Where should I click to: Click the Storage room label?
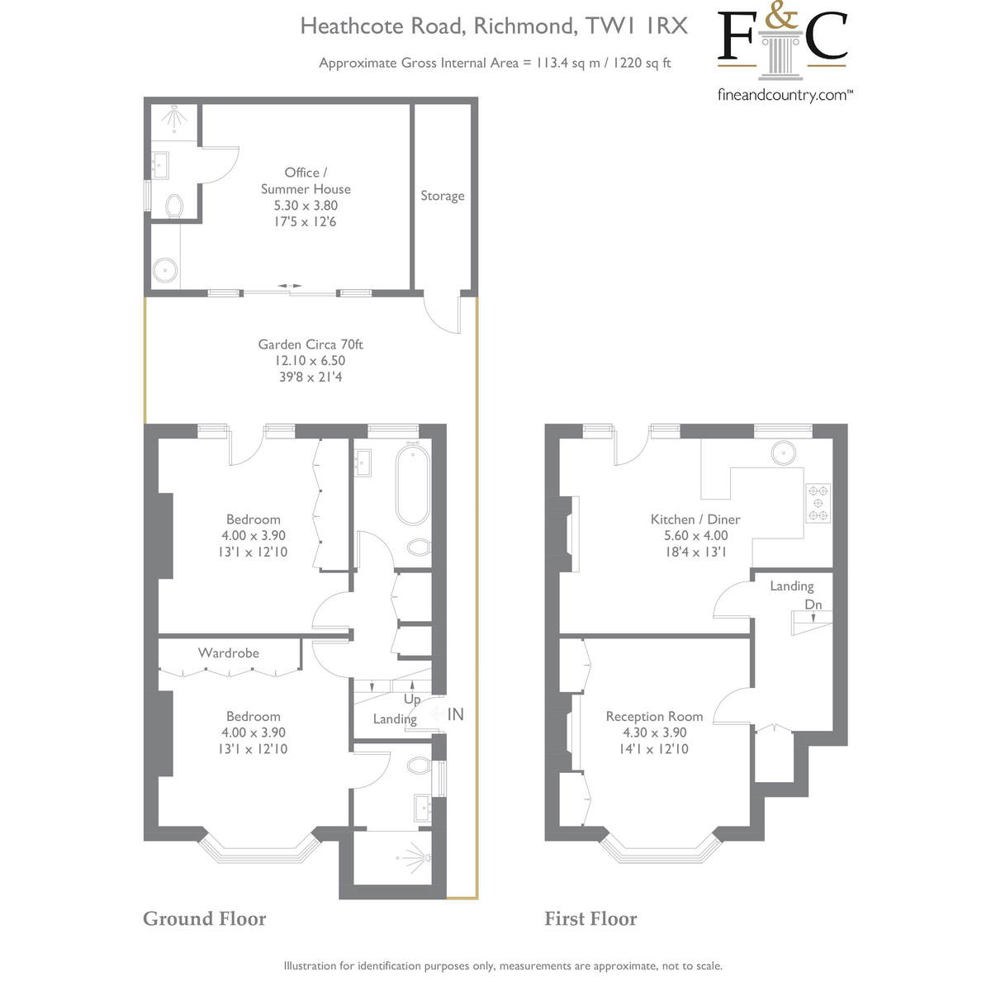pos(443,196)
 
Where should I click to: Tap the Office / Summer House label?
pos(306,181)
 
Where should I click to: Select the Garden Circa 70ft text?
pos(311,344)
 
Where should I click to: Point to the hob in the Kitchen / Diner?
pos(818,502)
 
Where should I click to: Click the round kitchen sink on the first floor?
pos(783,453)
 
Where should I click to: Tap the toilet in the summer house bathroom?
pos(174,205)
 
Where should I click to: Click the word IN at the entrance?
pos(455,714)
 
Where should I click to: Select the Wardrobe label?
pos(229,653)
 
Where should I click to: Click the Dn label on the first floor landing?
pos(813,605)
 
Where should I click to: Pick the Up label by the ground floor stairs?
pos(412,699)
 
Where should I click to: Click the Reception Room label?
pos(654,717)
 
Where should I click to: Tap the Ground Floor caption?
pos(205,919)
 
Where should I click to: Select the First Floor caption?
pos(590,919)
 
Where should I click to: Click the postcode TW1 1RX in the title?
pos(637,26)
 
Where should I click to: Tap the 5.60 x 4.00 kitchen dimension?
pos(695,535)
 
